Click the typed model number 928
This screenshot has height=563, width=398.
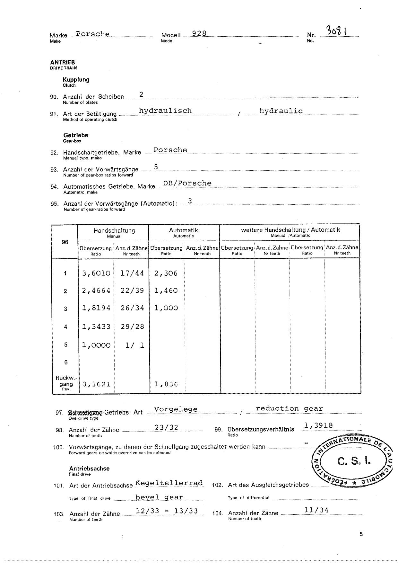tap(199, 33)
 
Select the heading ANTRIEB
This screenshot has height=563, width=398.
tap(62, 62)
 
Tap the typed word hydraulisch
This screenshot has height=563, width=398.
tap(165, 111)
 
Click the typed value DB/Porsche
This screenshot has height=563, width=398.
tap(187, 183)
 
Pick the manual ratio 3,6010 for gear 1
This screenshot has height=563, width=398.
tap(96, 273)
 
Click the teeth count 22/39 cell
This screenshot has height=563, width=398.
tap(132, 290)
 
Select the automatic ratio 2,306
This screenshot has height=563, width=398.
tap(166, 273)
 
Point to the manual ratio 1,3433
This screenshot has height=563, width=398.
tap(96, 327)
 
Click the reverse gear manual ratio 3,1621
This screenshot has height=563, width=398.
tap(96, 384)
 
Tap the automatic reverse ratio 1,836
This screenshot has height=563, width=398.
tap(166, 384)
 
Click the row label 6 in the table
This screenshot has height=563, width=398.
tap(66, 362)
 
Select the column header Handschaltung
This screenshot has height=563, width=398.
tap(114, 230)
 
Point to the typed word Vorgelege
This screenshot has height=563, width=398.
tap(176, 409)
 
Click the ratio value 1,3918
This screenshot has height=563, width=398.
tap(318, 425)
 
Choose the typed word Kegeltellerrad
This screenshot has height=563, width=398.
tap(169, 483)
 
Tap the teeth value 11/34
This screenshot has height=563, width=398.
tap(317, 510)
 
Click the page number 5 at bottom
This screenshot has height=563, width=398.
tap(361, 534)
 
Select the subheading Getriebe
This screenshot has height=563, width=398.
tap(75, 135)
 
